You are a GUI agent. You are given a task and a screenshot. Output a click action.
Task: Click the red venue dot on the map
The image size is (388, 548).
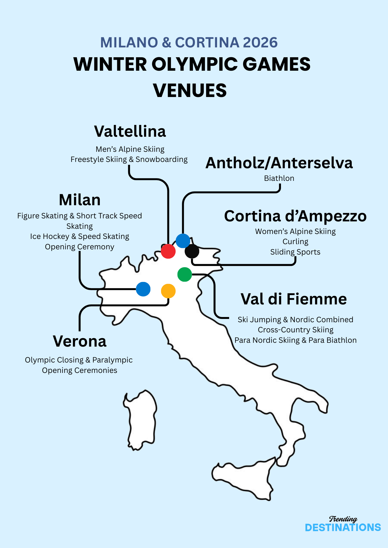coord(168,251)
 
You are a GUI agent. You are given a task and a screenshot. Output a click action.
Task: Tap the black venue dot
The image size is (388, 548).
coord(192,251)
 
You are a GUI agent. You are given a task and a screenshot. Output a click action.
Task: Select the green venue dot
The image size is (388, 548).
coord(185,274)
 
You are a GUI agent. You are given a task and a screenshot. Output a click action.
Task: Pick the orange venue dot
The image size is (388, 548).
coord(168,291)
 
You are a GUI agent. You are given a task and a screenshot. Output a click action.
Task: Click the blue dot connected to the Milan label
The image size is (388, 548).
coord(143,289)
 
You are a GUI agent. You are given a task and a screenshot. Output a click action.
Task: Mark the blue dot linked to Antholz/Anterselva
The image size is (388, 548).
coord(183,241)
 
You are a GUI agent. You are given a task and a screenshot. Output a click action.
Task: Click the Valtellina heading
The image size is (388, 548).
coord(130,131)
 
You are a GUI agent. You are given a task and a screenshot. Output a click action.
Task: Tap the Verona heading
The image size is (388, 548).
coord(80,341)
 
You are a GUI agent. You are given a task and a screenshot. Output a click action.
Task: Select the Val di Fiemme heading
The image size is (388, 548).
coord(294,299)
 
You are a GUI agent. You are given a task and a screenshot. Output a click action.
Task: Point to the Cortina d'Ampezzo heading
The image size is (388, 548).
coord(295,216)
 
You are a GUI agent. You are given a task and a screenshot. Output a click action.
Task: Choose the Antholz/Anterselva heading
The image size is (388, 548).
coord(279,163)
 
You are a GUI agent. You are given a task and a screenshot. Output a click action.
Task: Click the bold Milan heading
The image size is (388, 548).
coord(80,200)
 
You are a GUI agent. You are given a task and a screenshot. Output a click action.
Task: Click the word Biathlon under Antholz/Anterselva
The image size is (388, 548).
coord(279,178)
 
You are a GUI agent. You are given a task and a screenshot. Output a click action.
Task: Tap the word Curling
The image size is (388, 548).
coord(296,242)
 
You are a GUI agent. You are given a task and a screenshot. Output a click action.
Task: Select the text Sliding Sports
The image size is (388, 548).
coord(295,252)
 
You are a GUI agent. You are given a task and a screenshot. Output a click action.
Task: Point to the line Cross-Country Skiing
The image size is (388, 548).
coord(296,330)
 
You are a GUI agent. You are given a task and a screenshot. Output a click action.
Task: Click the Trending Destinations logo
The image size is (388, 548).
coord(343,524)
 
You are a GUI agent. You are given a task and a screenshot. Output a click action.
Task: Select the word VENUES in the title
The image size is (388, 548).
coord(190,90)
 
